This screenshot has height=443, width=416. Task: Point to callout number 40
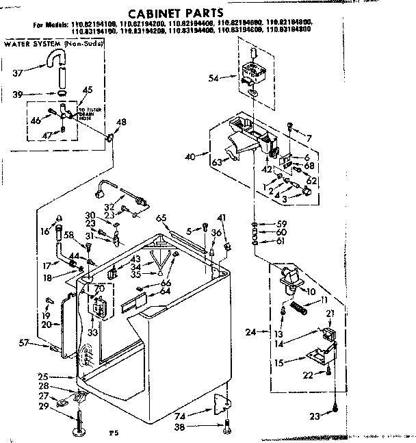(x=191, y=157)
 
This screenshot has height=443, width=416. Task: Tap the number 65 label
(x=161, y=218)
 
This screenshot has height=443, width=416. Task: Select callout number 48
(x=122, y=123)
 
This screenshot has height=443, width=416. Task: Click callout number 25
(x=43, y=376)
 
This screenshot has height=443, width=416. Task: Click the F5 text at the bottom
(x=114, y=433)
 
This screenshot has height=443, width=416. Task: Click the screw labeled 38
(x=226, y=428)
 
